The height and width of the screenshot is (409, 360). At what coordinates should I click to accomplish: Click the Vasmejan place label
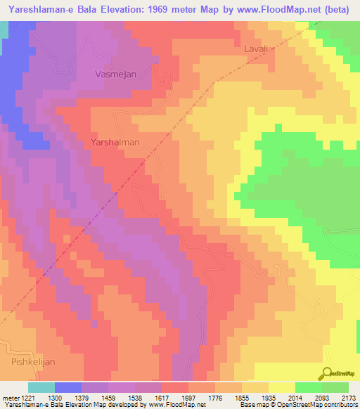pyautogui.click(x=115, y=73)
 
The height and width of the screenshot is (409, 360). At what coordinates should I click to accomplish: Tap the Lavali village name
pyautogui.click(x=257, y=50)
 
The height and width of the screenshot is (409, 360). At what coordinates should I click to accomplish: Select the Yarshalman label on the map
pyautogui.click(x=115, y=142)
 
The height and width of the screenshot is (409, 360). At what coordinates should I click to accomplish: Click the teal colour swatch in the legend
pyautogui.click(x=41, y=387)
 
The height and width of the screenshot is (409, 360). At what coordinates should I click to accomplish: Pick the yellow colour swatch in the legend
pyautogui.click(x=282, y=387)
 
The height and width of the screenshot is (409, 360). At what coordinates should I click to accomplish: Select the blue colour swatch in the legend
pyautogui.click(x=68, y=387)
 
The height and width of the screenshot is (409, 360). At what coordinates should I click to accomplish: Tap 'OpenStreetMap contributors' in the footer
pyautogui.click(x=321, y=405)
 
